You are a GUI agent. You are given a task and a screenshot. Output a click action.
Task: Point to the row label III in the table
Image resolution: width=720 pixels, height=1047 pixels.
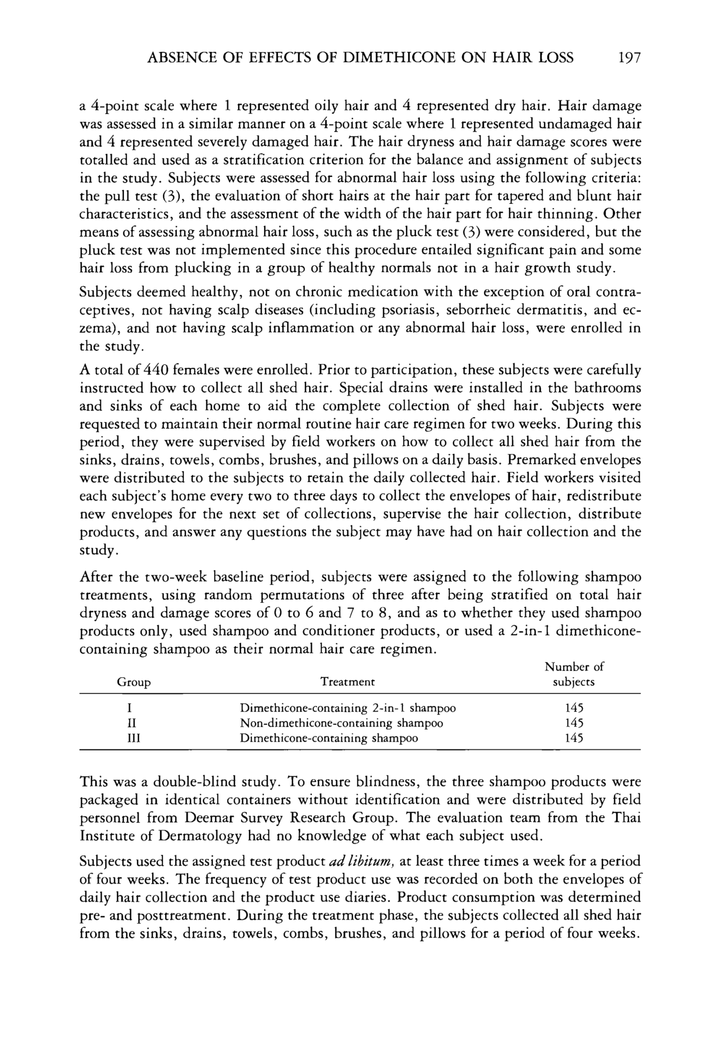[134, 738]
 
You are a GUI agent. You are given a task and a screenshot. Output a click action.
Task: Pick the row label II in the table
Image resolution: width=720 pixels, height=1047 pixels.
[134, 723]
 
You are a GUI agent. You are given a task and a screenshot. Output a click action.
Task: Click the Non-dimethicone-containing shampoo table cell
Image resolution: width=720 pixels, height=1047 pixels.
[341, 723]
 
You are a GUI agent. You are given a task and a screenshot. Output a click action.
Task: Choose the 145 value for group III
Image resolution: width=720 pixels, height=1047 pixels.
[574, 738]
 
